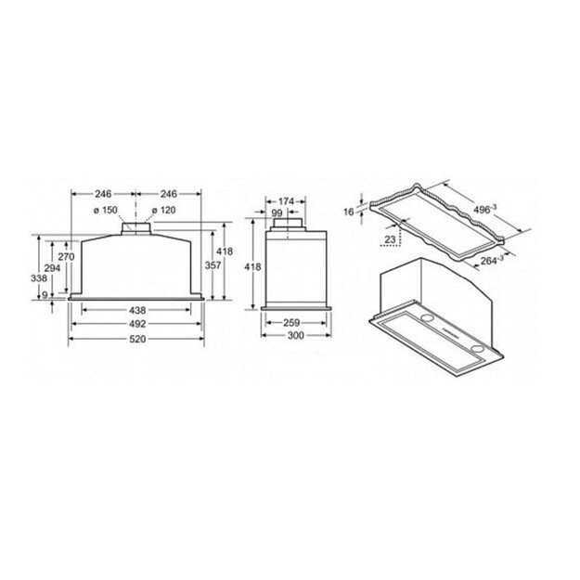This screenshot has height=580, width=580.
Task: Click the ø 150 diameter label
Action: coord(106,210)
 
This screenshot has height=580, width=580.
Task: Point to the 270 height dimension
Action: coord(66,257)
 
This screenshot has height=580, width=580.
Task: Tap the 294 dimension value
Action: coord(52,267)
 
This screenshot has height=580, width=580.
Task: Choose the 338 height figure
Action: coord(38,277)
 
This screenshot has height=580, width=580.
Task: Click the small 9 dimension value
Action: coord(45,295)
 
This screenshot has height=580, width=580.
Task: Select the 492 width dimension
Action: coord(137,324)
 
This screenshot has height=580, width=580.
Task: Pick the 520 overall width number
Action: coord(137,340)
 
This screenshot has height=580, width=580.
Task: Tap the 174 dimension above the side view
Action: coord(285,200)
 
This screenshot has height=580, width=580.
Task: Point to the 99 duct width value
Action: coord(277,213)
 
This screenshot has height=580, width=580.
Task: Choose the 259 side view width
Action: coord(291,323)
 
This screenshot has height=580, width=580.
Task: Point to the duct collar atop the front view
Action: coord(137,226)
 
